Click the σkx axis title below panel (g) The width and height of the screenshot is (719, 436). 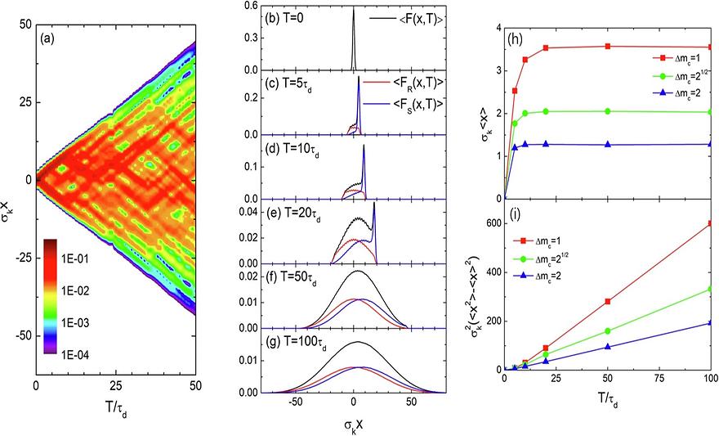click(355, 425)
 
